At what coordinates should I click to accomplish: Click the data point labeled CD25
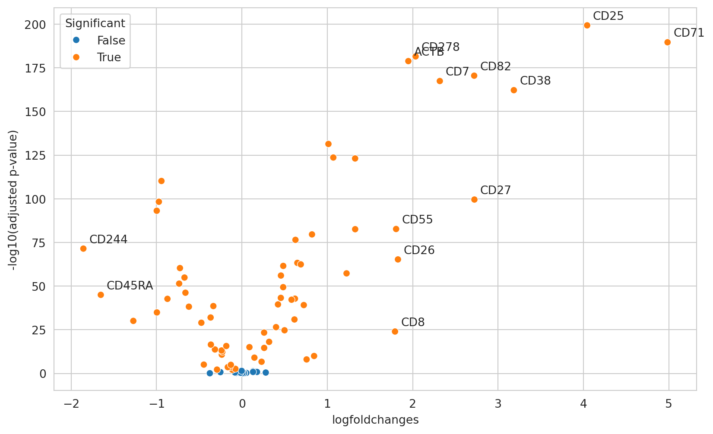[x=587, y=25]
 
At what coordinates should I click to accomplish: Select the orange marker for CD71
[x=667, y=42]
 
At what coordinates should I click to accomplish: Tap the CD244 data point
[x=83, y=248]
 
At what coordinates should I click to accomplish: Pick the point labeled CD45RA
[x=101, y=295]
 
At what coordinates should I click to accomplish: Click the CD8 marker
[x=395, y=331]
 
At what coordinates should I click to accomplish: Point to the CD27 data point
[x=474, y=199]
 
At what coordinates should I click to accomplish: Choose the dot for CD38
[x=513, y=90]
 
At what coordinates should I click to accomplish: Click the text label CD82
[x=495, y=67]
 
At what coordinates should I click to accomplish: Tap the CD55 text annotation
[x=417, y=220]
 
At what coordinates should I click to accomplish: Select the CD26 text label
[x=419, y=251]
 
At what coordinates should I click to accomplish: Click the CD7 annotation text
[x=457, y=72]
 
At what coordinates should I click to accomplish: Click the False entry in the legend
[x=111, y=41]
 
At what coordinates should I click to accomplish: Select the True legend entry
[x=109, y=57]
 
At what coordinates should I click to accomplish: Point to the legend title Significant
[x=95, y=23]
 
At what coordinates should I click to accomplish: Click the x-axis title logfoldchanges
[x=375, y=420]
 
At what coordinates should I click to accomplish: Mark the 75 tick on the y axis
[x=40, y=243]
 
